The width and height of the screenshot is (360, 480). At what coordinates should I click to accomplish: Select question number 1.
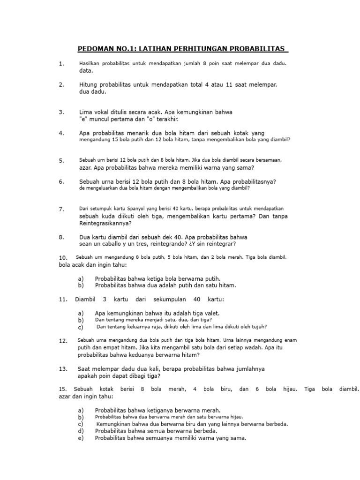point(61,64)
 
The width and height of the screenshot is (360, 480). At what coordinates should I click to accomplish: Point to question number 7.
point(61,209)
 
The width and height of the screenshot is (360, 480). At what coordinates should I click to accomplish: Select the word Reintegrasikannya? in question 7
point(105,224)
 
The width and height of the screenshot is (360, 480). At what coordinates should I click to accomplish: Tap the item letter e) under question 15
point(81,438)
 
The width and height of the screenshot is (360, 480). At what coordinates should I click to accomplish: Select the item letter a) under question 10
point(81,278)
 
